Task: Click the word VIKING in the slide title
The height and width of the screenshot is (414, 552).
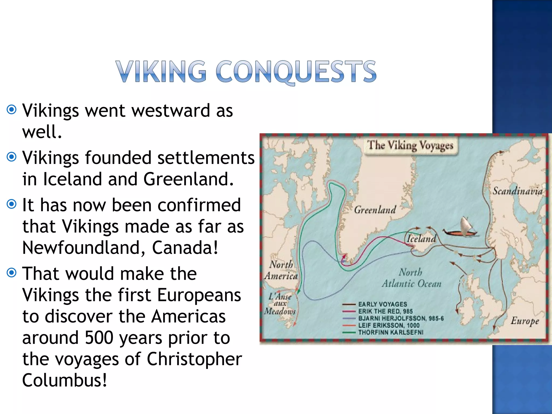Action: click(x=161, y=71)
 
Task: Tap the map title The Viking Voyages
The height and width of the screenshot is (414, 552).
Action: click(x=410, y=146)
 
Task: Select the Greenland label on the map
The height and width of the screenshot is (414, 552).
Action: click(x=375, y=210)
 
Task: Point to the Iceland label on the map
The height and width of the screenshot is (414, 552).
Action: click(x=421, y=239)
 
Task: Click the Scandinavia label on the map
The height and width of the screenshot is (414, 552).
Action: click(x=517, y=191)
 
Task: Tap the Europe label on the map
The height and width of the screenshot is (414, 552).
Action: click(x=525, y=321)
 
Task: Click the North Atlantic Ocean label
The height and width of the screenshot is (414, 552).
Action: click(x=411, y=278)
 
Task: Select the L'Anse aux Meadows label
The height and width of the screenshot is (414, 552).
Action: click(x=280, y=304)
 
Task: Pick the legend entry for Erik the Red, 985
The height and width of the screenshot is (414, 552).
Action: click(x=385, y=311)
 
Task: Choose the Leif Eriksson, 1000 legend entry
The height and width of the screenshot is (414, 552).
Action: click(x=389, y=325)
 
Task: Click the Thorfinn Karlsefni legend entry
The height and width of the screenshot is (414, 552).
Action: click(x=391, y=332)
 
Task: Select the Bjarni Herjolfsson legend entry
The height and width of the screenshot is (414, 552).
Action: click(x=401, y=318)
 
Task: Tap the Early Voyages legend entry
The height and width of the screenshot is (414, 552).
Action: click(x=382, y=304)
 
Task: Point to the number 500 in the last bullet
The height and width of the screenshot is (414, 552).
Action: click(x=99, y=337)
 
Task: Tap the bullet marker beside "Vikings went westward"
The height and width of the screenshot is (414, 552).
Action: click(x=12, y=110)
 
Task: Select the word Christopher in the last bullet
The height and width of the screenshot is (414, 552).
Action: click(x=194, y=359)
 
